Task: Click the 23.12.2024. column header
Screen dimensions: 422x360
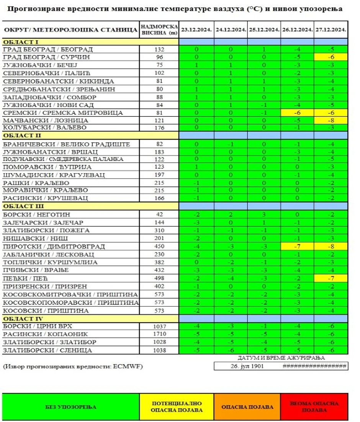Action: [x=196, y=29]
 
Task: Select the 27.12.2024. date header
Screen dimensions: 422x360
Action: [x=331, y=29]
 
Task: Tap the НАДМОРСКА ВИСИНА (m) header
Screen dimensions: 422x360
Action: [x=159, y=29]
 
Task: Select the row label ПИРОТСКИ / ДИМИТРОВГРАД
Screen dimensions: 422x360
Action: [x=54, y=246]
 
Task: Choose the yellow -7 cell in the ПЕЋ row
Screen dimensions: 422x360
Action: [x=331, y=278]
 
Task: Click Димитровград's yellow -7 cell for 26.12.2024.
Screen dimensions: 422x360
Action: [x=297, y=246]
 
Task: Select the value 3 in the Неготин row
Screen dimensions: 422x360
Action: [x=264, y=214]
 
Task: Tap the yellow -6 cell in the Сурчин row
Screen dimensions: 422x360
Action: [x=331, y=57]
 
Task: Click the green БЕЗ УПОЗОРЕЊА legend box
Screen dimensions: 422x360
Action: [x=71, y=407]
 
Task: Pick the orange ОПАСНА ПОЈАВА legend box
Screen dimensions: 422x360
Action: [x=247, y=407]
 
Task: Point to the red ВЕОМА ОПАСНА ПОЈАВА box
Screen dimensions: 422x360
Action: [x=314, y=407]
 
